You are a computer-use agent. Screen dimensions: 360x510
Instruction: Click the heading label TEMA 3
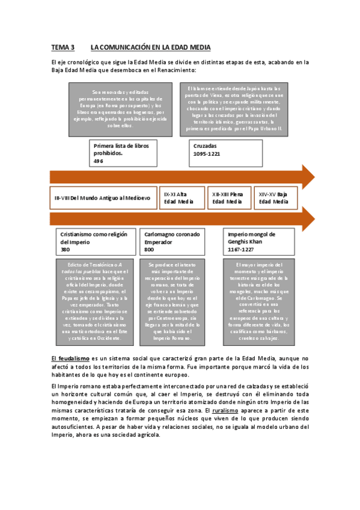[x=63, y=47]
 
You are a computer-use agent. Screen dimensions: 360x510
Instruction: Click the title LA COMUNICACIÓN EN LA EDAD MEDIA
[x=150, y=47]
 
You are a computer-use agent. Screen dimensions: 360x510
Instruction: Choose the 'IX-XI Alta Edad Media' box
[x=182, y=198]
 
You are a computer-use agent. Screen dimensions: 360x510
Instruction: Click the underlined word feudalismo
[x=70, y=358]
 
